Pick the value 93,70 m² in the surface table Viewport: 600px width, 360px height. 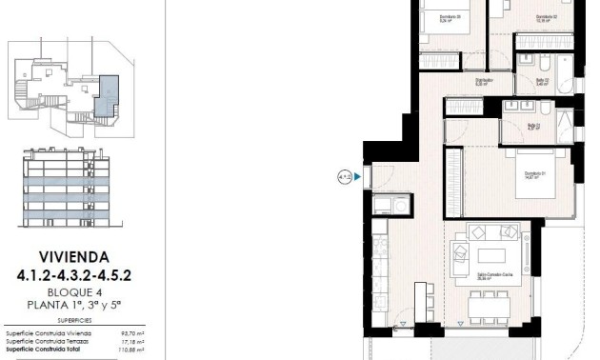click(x=130, y=332)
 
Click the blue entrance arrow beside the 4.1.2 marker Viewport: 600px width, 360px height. click(x=358, y=176)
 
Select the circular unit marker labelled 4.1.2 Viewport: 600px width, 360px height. click(x=343, y=176)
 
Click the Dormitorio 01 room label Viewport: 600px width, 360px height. click(x=534, y=174)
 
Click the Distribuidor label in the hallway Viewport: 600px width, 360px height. click(x=482, y=81)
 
